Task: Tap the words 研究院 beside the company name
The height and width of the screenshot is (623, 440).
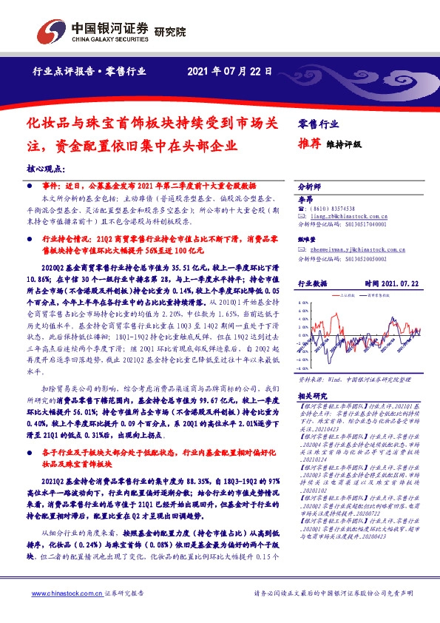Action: point(171,32)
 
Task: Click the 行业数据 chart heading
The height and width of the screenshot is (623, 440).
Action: point(312,283)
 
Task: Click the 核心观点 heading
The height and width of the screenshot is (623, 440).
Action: point(46,169)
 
